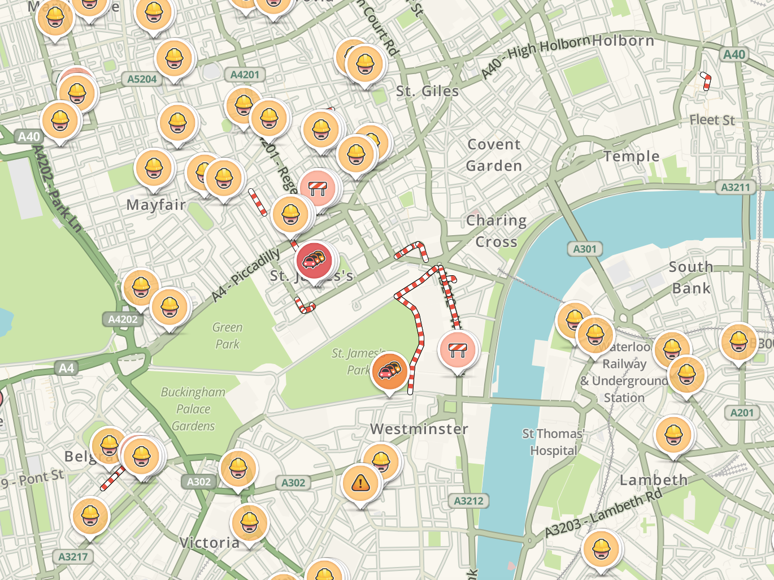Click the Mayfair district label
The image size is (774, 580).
(156, 205)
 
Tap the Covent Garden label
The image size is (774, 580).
(494, 155)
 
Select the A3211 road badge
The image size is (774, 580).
(736, 187)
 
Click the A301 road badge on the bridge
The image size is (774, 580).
(585, 249)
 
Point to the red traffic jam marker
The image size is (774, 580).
(314, 260)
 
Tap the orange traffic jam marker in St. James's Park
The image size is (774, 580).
(390, 371)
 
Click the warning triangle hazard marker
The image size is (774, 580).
(360, 483)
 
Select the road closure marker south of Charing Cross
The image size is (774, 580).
(458, 349)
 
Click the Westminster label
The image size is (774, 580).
(419, 429)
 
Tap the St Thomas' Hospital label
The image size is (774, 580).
(553, 442)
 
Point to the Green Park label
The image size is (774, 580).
(227, 336)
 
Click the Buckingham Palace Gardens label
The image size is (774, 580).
(193, 409)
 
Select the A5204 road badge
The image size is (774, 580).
(142, 79)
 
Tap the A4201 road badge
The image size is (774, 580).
(245, 75)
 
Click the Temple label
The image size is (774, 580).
(631, 157)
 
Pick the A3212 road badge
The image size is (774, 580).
(468, 501)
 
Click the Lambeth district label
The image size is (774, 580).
(654, 481)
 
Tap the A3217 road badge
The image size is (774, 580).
(73, 557)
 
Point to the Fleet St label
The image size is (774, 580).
(712, 120)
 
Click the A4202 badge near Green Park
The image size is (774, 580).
(123, 319)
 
